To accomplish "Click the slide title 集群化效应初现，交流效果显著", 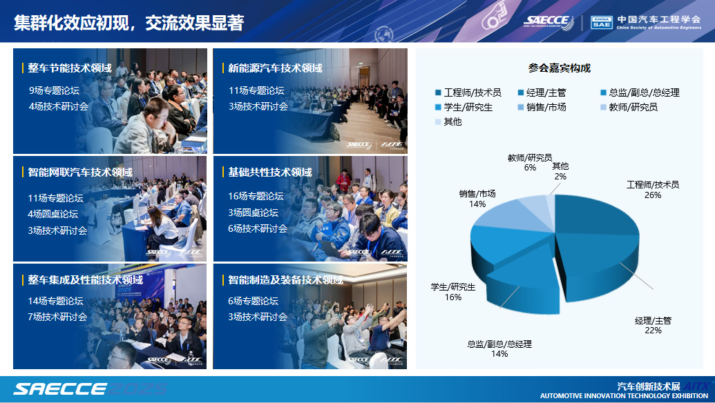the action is pyautogui.click(x=129, y=23).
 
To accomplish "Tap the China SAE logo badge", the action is pyautogui.click(x=602, y=22).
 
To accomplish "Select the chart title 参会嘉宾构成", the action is pyautogui.click(x=559, y=68).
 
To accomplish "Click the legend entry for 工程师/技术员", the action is pyautogui.click(x=468, y=93).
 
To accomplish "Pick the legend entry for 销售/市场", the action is pyautogui.click(x=542, y=108).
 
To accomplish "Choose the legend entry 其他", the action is pyautogui.click(x=449, y=122).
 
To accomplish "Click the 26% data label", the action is pyautogui.click(x=653, y=195).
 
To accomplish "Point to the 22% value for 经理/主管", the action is pyautogui.click(x=653, y=331).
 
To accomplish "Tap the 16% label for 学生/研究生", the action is pyautogui.click(x=453, y=297).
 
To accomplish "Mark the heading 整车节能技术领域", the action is pyautogui.click(x=70, y=68).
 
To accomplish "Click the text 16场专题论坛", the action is pyautogui.click(x=256, y=196).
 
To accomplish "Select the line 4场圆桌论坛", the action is pyautogui.click(x=53, y=214).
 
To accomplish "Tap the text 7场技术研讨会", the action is pyautogui.click(x=57, y=317).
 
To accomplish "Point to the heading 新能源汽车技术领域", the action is pyautogui.click(x=275, y=68).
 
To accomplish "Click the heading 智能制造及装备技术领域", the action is pyautogui.click(x=285, y=280).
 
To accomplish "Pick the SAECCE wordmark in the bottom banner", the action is pyautogui.click(x=59, y=389).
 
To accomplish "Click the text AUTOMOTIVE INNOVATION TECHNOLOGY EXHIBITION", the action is pyautogui.click(x=625, y=396).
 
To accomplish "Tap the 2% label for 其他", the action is pyautogui.click(x=560, y=177).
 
